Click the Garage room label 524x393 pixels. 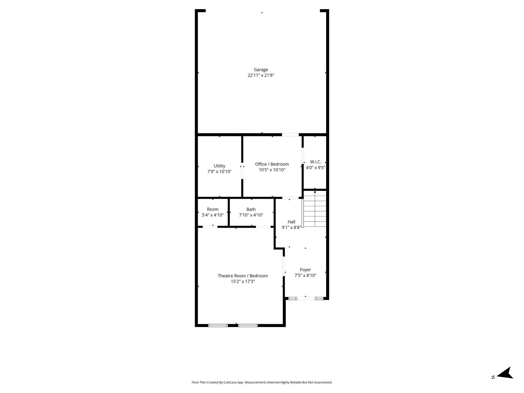[261, 70]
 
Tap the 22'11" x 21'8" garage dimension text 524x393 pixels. [261, 75]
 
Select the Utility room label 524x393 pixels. [220, 166]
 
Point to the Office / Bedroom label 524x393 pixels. [272, 164]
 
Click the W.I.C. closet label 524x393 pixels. [315, 162]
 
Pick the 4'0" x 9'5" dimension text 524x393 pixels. [315, 168]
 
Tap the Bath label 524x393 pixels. [251, 209]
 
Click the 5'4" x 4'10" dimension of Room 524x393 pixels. [213, 215]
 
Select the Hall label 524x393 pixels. [291, 222]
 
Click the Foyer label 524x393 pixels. [305, 270]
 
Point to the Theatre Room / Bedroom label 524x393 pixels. [243, 276]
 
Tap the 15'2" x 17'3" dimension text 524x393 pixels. [243, 281]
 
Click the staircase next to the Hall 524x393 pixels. [315, 209]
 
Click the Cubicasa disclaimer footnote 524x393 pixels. [262, 382]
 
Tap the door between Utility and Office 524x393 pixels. [242, 171]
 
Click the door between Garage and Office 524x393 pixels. [290, 135]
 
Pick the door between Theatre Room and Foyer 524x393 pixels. [284, 266]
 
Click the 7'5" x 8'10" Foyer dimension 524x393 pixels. [305, 276]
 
